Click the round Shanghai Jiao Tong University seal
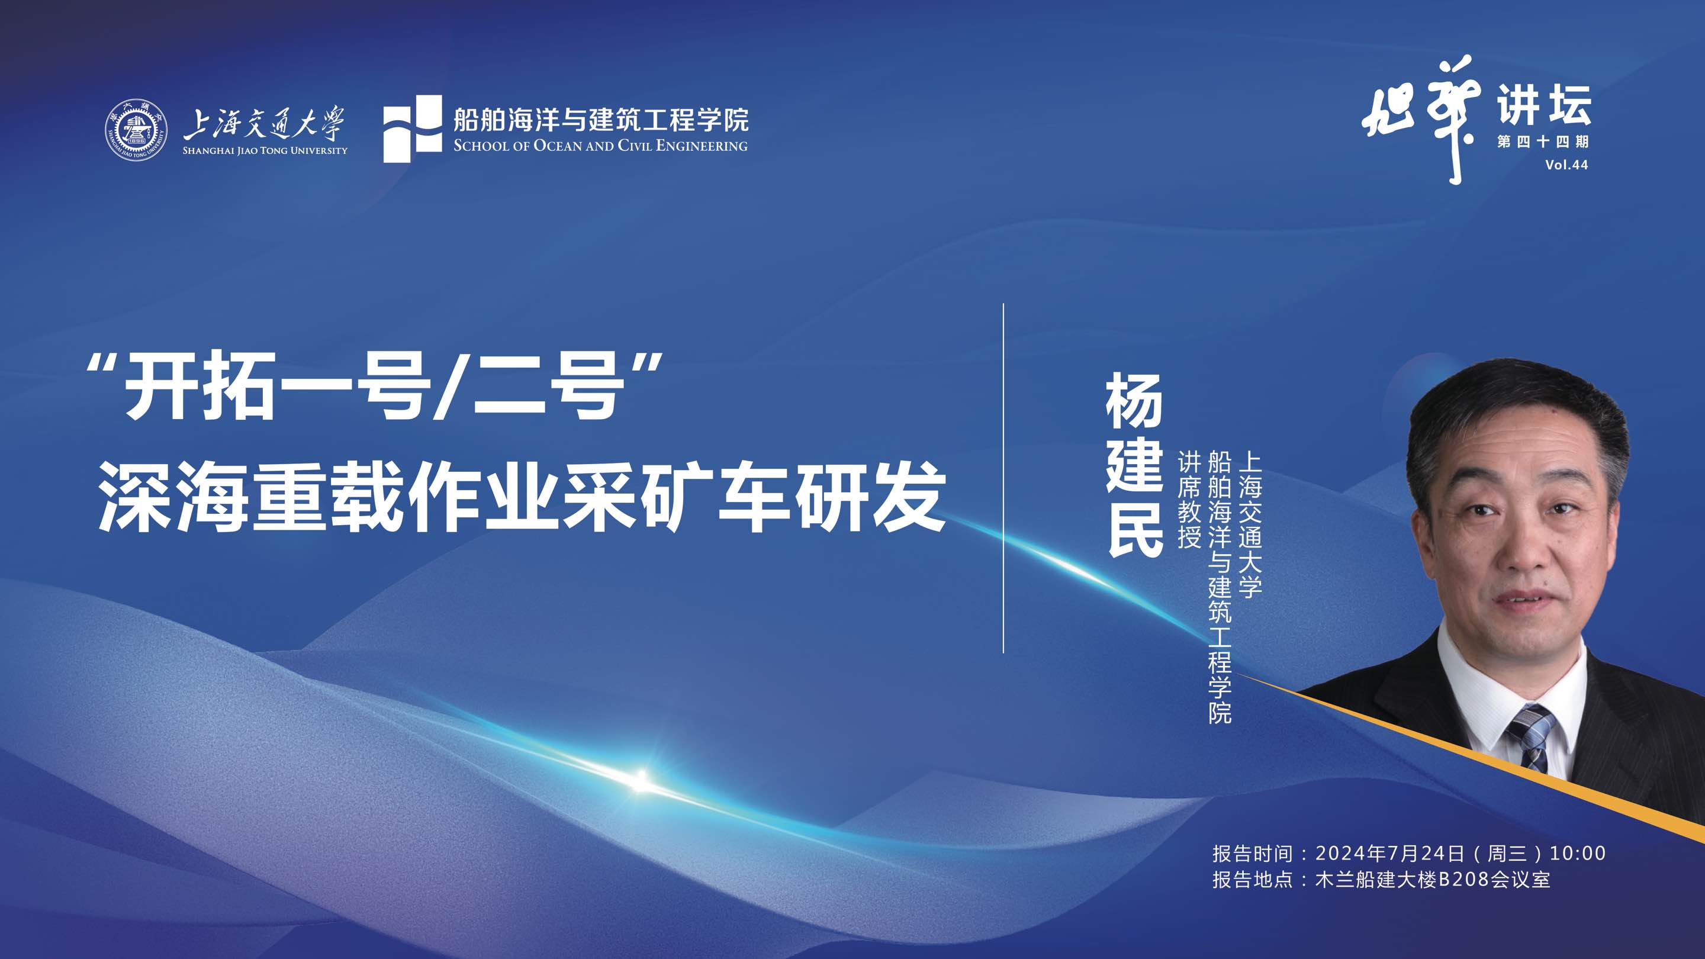(135, 130)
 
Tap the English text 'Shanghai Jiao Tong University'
(265, 151)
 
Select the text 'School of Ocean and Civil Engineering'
(600, 146)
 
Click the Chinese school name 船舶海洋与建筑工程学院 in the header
(600, 120)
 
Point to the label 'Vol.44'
(1566, 165)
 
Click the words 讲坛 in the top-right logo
(1543, 105)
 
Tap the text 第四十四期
(1542, 141)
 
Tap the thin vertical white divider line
(1003, 477)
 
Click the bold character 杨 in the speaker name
(1134, 400)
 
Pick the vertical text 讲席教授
(1189, 500)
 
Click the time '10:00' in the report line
(1577, 853)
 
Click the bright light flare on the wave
(640, 780)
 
